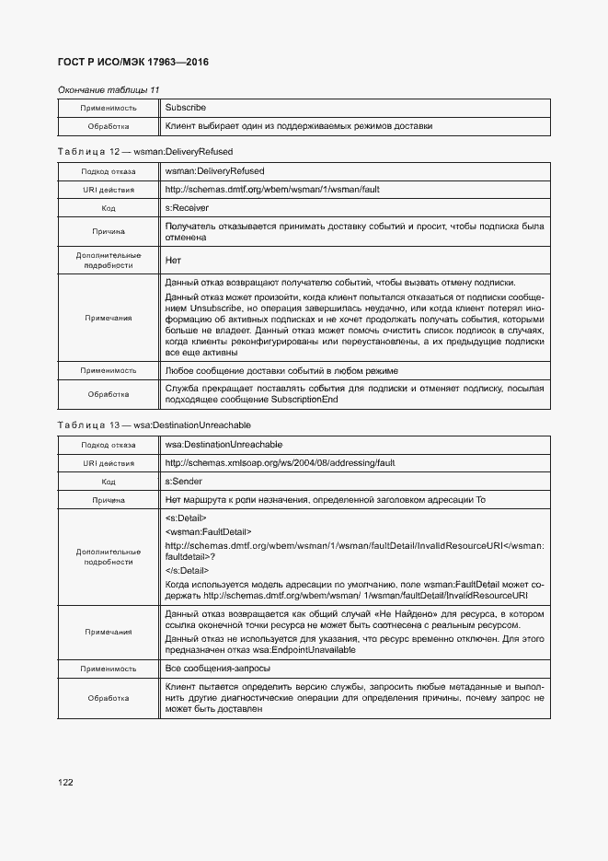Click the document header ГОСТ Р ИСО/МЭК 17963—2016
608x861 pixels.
click(x=132, y=62)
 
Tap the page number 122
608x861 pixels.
click(x=65, y=782)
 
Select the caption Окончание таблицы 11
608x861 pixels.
click(x=109, y=89)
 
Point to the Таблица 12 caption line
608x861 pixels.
click(x=144, y=150)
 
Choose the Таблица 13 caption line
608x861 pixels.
click(x=154, y=425)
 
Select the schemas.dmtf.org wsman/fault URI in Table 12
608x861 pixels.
click(x=272, y=189)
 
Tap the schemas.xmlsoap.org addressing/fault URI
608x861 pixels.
click(x=280, y=463)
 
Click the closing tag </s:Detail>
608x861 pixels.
click(x=188, y=571)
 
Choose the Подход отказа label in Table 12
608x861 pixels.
click(x=108, y=171)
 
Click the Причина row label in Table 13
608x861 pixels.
click(x=108, y=500)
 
